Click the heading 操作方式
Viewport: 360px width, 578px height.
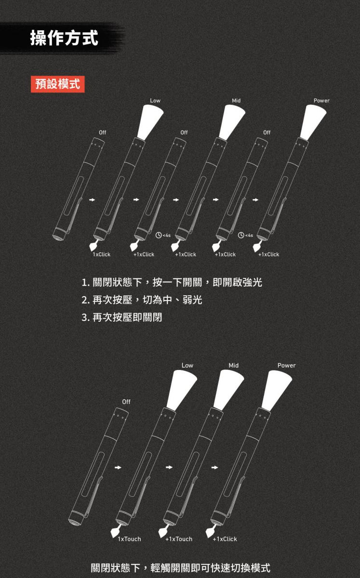click(x=64, y=38)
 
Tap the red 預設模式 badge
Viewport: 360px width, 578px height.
click(x=57, y=84)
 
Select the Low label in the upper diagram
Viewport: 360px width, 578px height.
click(x=155, y=101)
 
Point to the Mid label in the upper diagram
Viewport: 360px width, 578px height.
click(x=236, y=101)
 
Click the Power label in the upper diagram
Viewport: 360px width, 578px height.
click(x=321, y=101)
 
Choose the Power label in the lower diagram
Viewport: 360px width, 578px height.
click(x=286, y=366)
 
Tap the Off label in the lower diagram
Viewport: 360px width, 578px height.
click(x=126, y=402)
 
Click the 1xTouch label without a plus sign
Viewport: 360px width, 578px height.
click(x=129, y=539)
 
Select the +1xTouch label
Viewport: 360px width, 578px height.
click(x=179, y=539)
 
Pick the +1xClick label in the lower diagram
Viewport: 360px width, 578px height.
click(x=225, y=539)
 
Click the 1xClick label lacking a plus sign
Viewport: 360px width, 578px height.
click(x=102, y=254)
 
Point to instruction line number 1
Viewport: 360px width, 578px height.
click(x=172, y=282)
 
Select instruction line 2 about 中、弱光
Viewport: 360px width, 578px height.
click(x=142, y=300)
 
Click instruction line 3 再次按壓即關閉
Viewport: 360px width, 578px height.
click(x=121, y=317)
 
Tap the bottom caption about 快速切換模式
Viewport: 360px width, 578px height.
click(x=181, y=567)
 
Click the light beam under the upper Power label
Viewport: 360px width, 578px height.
click(x=313, y=122)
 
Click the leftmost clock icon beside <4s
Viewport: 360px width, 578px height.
click(x=159, y=235)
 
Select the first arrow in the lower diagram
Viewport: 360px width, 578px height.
click(x=118, y=467)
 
